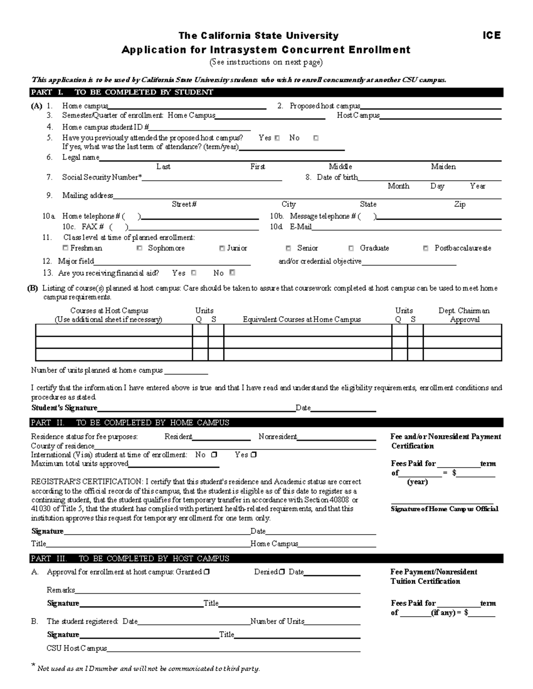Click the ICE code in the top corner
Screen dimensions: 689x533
(x=491, y=35)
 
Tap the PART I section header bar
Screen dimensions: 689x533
(x=266, y=92)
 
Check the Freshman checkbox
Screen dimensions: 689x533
(x=66, y=248)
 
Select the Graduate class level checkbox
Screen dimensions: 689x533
(x=351, y=248)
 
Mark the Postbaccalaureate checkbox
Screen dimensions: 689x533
(x=426, y=248)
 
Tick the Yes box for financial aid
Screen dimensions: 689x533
(x=194, y=273)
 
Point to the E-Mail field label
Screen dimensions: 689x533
(x=300, y=227)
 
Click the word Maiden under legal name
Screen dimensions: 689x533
(x=443, y=167)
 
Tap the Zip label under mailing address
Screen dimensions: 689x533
(x=459, y=205)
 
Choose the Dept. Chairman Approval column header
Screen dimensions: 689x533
(x=464, y=315)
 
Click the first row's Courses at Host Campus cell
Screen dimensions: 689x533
(x=114, y=331)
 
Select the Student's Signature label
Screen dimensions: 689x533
(x=64, y=408)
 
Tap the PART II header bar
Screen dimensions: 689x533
(x=266, y=422)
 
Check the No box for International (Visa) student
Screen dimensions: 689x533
(x=214, y=455)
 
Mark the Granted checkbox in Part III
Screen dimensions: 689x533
(x=207, y=572)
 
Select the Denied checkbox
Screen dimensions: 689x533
(x=282, y=572)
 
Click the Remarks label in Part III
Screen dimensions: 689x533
(x=60, y=590)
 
